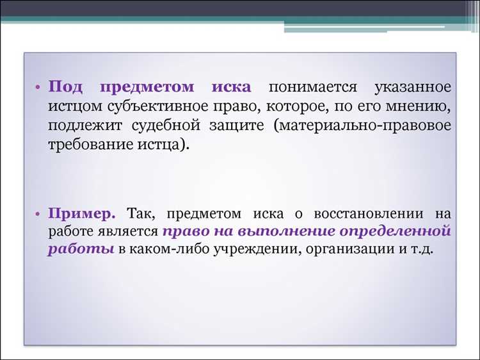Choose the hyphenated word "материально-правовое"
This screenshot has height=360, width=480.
tap(362, 124)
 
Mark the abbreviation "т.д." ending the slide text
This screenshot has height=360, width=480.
tap(422, 249)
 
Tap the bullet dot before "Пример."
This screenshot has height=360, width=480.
tap(38, 213)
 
